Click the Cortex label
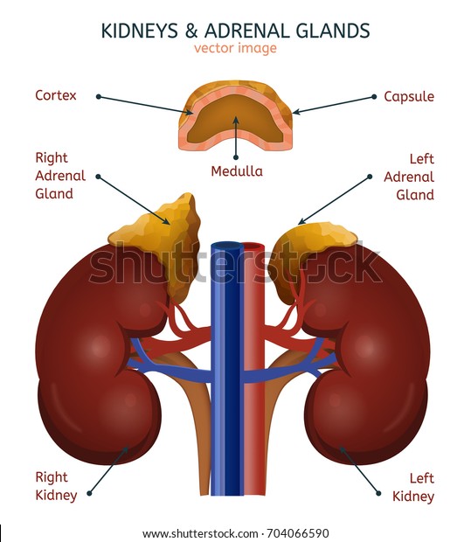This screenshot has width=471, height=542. (56, 95)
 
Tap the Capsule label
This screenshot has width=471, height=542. (409, 96)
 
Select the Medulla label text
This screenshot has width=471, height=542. (237, 171)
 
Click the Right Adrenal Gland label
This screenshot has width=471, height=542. (60, 176)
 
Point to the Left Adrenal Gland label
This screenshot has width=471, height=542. (409, 177)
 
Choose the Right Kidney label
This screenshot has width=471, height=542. (56, 486)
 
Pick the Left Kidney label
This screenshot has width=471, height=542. (413, 488)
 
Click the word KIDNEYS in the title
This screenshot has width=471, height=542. (139, 31)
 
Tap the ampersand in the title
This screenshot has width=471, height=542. (191, 31)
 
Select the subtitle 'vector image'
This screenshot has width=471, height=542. (235, 48)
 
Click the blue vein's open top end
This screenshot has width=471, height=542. (228, 247)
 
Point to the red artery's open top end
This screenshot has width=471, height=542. (254, 247)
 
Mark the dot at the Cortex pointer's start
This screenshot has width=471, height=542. (99, 97)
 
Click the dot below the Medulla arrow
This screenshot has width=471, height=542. (236, 157)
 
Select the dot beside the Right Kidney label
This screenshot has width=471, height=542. (89, 493)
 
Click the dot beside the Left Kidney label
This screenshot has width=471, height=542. (378, 493)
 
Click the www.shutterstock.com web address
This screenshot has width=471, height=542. (200, 533)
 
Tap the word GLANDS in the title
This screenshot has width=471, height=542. (333, 31)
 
